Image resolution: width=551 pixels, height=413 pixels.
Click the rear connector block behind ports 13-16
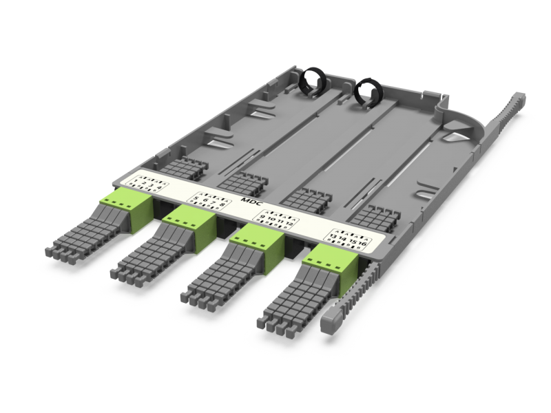click(x=371, y=217)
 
